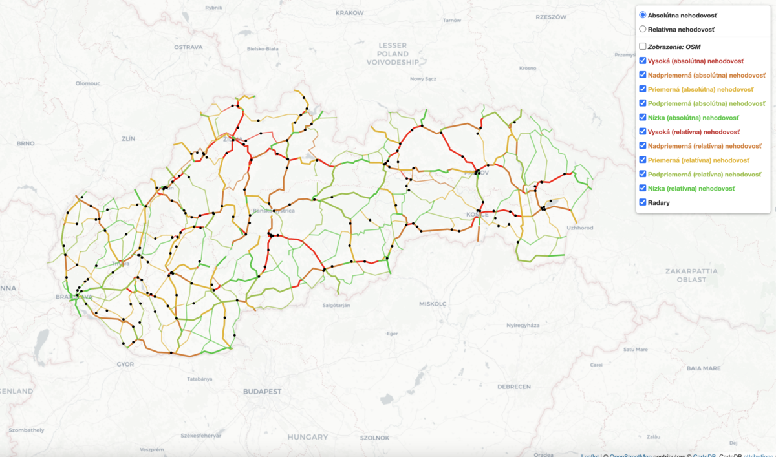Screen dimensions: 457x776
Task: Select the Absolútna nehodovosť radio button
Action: [x=642, y=15]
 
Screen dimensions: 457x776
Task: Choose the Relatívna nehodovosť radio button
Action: [x=642, y=29]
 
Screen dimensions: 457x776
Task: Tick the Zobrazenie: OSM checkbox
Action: [x=642, y=47]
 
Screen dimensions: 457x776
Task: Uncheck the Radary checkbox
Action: [x=642, y=202]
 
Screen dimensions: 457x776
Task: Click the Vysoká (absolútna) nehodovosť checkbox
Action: [x=642, y=61]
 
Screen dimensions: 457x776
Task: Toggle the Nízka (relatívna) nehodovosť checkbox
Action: [x=642, y=188]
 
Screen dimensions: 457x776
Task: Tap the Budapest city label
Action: [x=263, y=392]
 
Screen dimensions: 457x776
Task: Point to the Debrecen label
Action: [x=514, y=387]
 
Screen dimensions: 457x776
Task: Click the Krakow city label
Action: [x=350, y=12]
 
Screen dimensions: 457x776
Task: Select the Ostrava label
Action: [x=188, y=47]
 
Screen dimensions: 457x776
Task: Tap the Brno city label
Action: [x=25, y=143]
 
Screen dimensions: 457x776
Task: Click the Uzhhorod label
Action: [x=579, y=228]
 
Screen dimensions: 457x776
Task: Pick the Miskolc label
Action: [x=433, y=303]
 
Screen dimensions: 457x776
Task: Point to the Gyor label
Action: [x=125, y=364]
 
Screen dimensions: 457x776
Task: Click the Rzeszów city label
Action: [x=551, y=17]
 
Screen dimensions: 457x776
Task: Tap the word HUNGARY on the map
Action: [x=308, y=437]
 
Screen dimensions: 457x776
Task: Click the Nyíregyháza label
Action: [x=523, y=326]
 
